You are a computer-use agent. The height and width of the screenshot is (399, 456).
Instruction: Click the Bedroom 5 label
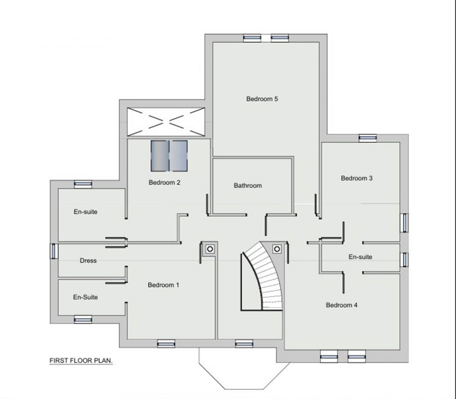click(x=262, y=99)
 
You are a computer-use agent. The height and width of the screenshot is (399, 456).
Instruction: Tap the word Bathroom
click(x=248, y=186)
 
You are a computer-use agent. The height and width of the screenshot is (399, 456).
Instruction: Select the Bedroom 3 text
click(x=357, y=178)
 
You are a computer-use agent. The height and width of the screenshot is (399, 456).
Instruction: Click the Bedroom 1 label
click(x=163, y=285)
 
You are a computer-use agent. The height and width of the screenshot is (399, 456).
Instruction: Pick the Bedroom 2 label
click(x=165, y=182)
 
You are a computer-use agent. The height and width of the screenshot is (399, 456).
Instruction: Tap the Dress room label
click(x=88, y=261)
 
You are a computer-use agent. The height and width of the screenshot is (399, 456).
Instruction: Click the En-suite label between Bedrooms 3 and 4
click(x=360, y=257)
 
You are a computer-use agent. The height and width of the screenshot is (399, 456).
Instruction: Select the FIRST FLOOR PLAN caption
click(x=81, y=361)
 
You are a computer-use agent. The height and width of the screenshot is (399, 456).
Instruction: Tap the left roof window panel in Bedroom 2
click(x=159, y=155)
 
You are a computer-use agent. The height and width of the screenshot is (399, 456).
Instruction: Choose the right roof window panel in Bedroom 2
click(x=179, y=155)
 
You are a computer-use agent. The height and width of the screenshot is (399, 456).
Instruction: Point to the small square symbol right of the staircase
click(x=277, y=249)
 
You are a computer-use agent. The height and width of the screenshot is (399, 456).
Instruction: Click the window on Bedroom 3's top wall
click(x=366, y=138)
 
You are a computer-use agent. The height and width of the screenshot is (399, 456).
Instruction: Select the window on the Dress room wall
click(x=54, y=251)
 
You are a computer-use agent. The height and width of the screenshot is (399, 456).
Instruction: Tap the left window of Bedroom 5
click(x=251, y=37)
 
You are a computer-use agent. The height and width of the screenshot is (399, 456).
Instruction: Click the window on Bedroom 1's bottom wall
click(x=165, y=343)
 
